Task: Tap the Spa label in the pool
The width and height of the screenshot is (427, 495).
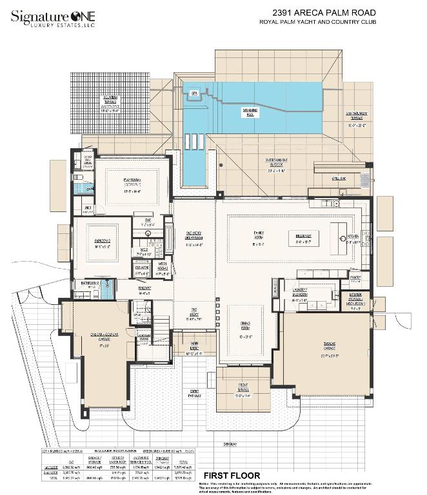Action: [193, 93]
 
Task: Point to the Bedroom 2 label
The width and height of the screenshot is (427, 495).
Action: [103, 242]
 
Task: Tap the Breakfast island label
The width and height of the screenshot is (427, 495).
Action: [304, 237]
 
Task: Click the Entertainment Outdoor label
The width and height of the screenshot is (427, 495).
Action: [276, 162]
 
